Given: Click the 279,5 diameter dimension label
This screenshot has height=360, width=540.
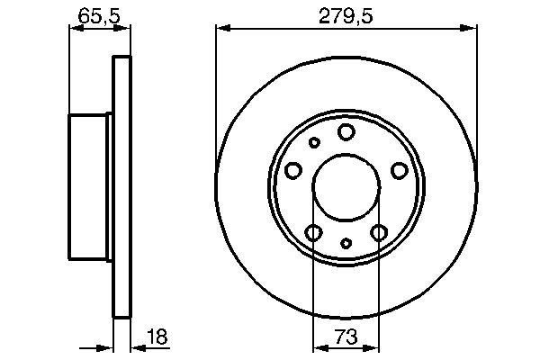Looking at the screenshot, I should (346, 14).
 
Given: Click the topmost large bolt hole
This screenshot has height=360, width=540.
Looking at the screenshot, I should (346, 133).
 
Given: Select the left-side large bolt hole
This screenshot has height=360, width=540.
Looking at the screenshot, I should (292, 170).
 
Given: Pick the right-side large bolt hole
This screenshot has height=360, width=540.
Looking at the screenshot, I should (400, 170).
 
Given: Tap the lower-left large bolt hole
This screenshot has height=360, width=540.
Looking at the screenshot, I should (313, 234).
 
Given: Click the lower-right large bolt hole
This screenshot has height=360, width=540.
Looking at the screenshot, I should (379, 234).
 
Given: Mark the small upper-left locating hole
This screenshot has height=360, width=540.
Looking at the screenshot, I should (314, 142).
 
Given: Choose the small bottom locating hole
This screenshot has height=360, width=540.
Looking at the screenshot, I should (346, 243).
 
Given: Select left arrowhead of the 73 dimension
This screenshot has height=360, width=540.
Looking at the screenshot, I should (318, 347).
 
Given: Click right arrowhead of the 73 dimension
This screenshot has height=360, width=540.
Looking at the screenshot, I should (375, 347).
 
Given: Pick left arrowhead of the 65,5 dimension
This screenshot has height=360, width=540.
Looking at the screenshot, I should (74, 28).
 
